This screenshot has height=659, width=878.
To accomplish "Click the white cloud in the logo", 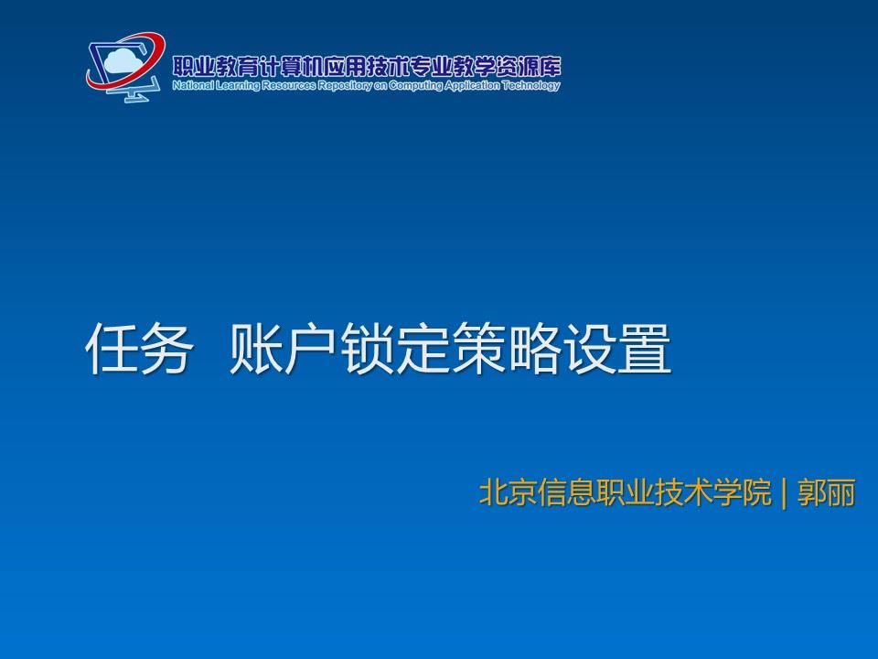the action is (122, 61).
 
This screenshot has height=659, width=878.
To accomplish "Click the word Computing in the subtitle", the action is (415, 86).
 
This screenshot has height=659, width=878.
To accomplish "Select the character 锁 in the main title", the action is (368, 348).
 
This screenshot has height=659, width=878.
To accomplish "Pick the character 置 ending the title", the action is (645, 348).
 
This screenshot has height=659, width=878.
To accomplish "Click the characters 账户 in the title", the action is (283, 348).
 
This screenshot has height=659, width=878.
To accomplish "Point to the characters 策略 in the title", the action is (506, 348).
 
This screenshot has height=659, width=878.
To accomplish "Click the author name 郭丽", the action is (827, 492).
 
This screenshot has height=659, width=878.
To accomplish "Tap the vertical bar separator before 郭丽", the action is (784, 492).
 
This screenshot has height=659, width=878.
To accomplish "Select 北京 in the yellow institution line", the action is (508, 492).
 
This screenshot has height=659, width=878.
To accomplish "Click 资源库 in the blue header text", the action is (537, 67).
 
